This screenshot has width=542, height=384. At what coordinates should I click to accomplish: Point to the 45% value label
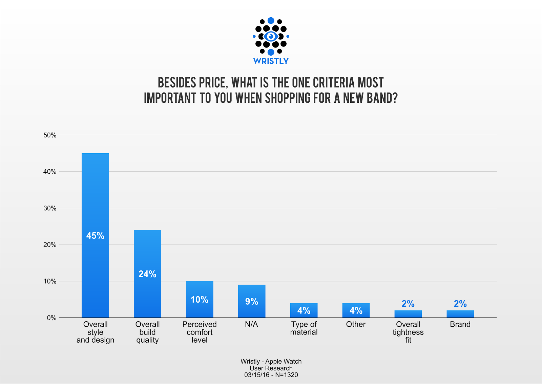(x=95, y=236)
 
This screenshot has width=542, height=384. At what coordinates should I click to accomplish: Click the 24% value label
(x=147, y=274)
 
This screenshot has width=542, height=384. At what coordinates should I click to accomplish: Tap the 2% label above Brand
(x=460, y=304)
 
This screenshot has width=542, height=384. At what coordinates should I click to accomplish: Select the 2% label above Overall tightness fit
(x=408, y=304)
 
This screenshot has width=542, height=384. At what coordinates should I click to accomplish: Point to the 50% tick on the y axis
(x=50, y=135)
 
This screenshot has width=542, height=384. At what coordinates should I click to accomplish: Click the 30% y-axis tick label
(x=50, y=208)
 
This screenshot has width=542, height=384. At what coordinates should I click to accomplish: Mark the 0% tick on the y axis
(x=51, y=318)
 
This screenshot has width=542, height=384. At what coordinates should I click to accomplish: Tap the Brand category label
(x=460, y=324)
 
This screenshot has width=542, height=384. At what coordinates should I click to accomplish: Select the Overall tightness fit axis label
(x=408, y=332)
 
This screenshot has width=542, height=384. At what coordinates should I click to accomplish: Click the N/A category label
(x=251, y=324)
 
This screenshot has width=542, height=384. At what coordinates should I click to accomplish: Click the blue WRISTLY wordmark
(x=271, y=61)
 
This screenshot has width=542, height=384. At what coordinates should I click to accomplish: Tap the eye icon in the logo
(x=271, y=36)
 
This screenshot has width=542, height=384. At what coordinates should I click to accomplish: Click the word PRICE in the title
(x=211, y=83)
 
